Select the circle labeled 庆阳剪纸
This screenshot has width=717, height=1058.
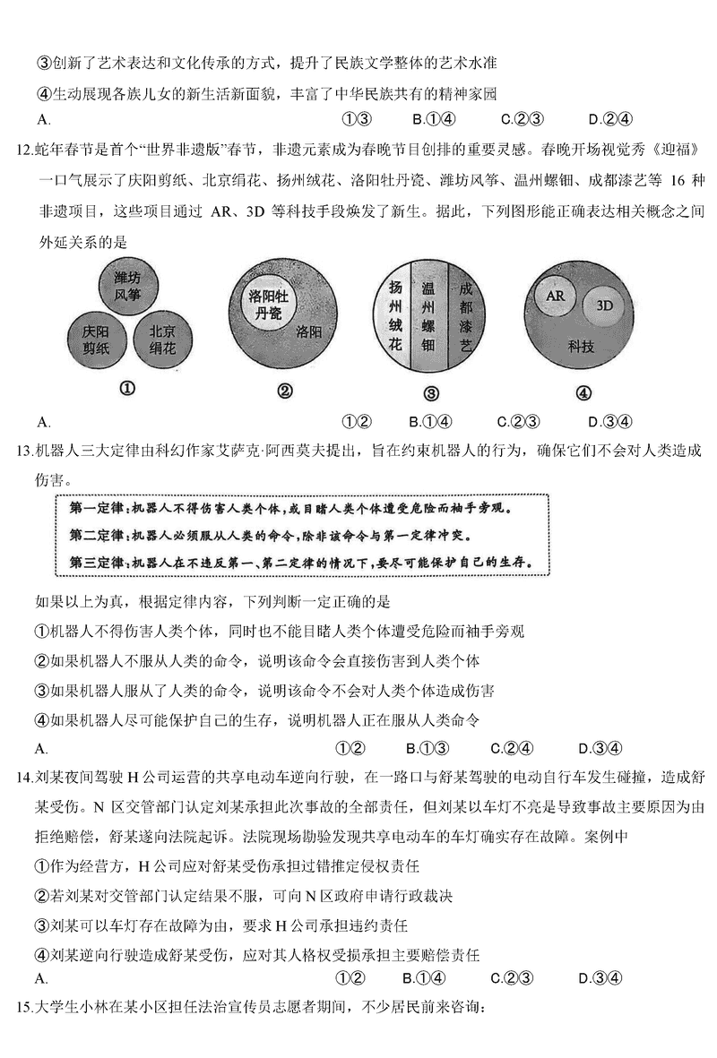tap(97, 339)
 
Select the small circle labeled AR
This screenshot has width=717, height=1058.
tap(554, 295)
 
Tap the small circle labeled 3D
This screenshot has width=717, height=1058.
tap(604, 305)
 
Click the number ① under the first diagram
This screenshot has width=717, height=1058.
tap(127, 390)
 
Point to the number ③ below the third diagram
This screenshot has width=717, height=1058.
tap(430, 393)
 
